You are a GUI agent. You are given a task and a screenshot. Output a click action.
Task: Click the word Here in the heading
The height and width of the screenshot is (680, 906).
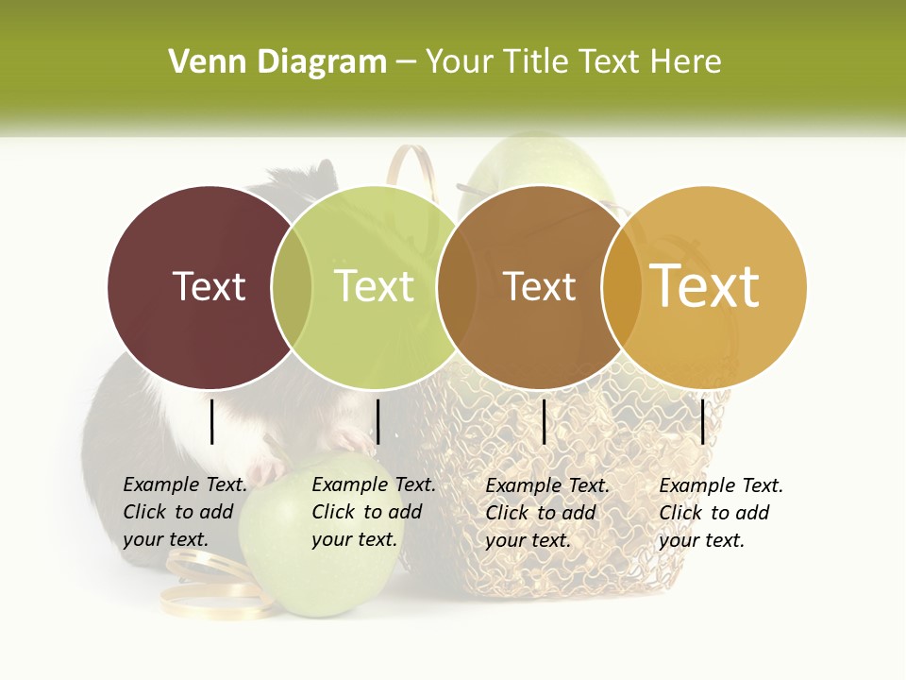tap(686, 62)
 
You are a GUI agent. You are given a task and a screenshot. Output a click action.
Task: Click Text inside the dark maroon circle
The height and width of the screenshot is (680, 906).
tap(210, 286)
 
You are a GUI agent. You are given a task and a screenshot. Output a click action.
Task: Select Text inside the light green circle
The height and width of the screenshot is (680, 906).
tap(375, 286)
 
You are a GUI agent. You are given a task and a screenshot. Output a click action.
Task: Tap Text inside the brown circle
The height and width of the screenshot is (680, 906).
tap(540, 286)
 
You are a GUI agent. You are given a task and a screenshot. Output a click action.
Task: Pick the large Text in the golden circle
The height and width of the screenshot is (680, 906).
tap(705, 286)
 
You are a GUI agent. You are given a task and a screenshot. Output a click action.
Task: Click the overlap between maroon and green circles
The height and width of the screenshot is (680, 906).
tap(293, 286)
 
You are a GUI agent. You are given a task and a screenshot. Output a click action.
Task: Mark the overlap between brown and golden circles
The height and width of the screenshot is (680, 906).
tap(621, 286)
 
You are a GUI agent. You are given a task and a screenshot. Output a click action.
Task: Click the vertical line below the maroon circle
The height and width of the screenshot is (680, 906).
tap(212, 421)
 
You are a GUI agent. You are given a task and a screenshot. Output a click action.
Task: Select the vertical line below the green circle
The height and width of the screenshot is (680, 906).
tap(377, 421)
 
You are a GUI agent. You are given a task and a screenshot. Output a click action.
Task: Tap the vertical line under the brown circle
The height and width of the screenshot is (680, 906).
tap(544, 421)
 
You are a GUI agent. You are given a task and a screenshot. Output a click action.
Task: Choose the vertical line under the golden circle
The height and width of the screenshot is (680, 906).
tap(703, 421)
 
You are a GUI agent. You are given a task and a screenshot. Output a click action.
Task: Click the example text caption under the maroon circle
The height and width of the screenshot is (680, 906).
tap(184, 512)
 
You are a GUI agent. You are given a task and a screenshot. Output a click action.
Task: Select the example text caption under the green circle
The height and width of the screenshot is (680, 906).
tap(373, 512)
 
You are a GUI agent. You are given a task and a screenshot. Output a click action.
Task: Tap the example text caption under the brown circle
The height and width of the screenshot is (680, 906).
tap(546, 513)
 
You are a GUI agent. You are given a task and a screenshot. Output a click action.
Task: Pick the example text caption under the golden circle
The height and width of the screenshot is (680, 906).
tap(720, 513)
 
